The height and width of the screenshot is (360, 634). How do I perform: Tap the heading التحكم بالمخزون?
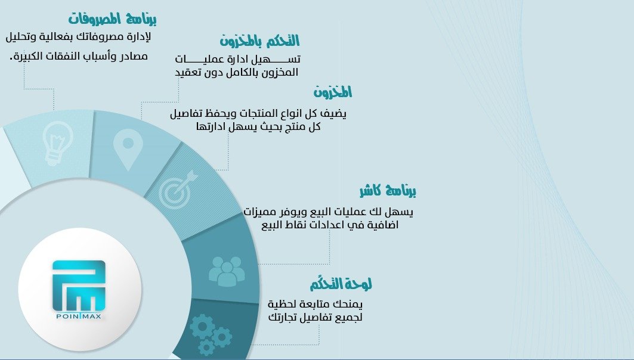point(259,41)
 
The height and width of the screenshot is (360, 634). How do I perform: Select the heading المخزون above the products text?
point(333,92)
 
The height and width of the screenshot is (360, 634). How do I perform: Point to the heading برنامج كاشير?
point(388,191)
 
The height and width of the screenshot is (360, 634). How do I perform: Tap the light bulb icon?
point(58,143)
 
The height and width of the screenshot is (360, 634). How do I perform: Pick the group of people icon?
point(226,271)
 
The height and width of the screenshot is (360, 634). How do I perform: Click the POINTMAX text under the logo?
point(79,316)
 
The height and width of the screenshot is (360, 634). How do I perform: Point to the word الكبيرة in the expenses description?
point(29,57)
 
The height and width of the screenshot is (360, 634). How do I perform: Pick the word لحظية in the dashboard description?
point(283,305)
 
